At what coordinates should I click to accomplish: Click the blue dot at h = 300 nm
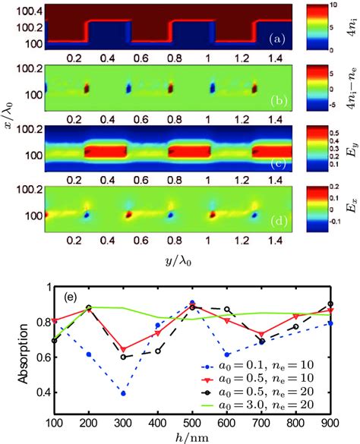tap(123, 393)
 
